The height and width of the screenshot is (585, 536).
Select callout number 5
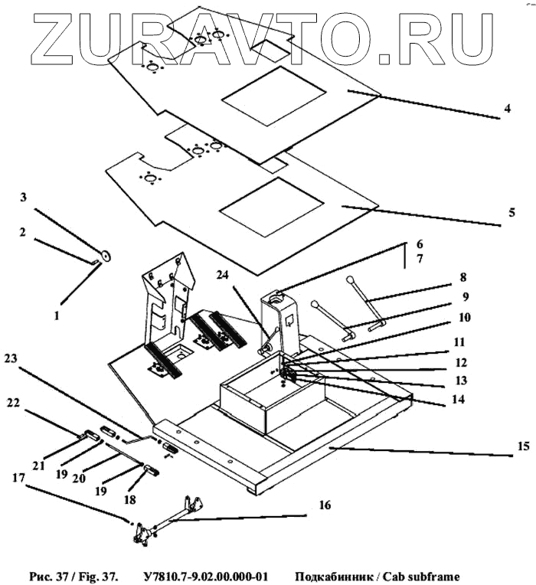[511, 212]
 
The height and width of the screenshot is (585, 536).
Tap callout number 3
[24, 198]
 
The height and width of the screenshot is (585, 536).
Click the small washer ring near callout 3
[105, 256]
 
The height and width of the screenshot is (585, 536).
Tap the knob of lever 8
[349, 280]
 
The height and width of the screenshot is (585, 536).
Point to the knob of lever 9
[315, 305]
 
